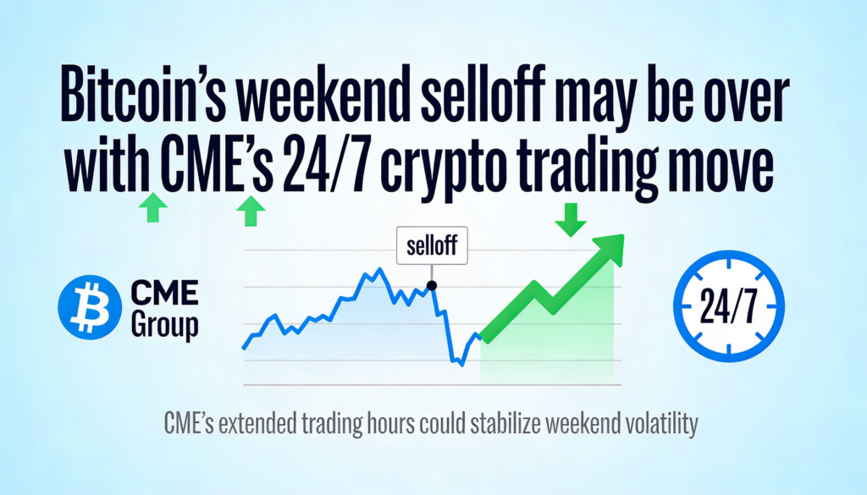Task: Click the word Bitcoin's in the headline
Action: click(x=143, y=95)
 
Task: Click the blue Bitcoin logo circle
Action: click(x=90, y=307)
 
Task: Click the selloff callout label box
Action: click(x=432, y=245)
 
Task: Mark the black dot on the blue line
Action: click(x=432, y=286)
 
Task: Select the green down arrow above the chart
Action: click(x=571, y=219)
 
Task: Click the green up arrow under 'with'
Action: click(x=153, y=207)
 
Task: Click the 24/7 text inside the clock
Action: click(x=728, y=306)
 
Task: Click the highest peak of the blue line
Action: click(x=379, y=269)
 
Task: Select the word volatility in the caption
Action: click(x=662, y=424)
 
